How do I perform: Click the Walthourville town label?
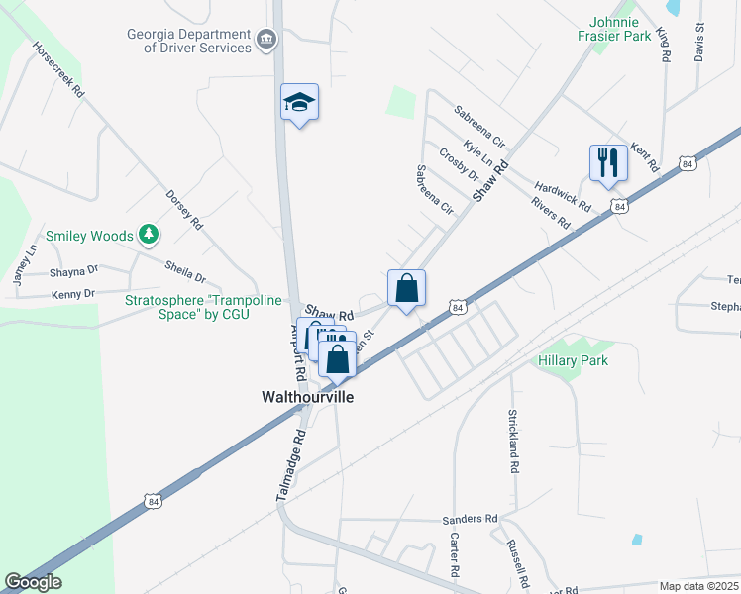[x=307, y=396]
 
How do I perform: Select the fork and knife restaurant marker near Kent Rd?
[x=608, y=162]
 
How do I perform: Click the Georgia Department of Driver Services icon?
[x=265, y=40]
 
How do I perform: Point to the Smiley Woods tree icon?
[x=149, y=234]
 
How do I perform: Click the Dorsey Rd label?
[x=183, y=210]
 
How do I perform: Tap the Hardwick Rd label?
[x=562, y=197]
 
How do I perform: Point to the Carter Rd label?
[x=453, y=554]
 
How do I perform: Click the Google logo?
[x=33, y=582]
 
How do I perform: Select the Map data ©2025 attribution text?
[x=699, y=586]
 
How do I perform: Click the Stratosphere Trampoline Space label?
[x=203, y=307]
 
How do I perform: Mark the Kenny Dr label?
[x=72, y=293]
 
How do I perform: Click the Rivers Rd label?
[x=550, y=214]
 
